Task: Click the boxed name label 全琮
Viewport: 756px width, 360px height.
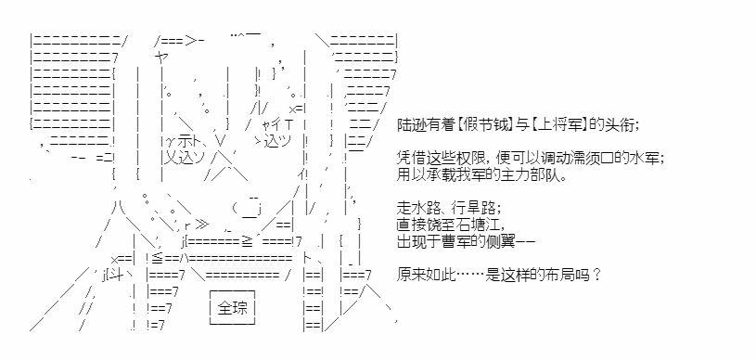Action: (233, 307)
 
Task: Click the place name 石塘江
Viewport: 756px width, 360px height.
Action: (477, 225)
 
